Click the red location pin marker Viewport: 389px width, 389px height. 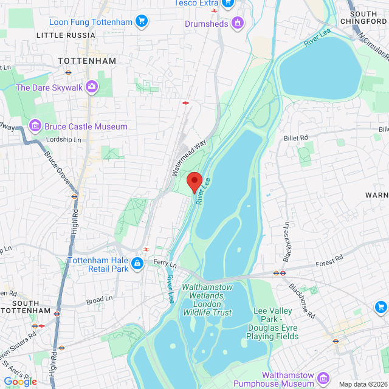pos(194,182)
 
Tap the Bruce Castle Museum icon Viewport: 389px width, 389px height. pos(35,126)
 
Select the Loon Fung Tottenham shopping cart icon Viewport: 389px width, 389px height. pos(142,22)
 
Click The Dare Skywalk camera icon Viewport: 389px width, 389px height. pos(92,87)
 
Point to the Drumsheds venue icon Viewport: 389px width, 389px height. pos(238,24)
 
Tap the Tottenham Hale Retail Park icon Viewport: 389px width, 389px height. pos(138,263)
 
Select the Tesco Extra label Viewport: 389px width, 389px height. pos(196,3)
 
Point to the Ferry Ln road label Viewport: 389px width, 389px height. pos(165,263)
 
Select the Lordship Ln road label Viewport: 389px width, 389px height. pos(64,140)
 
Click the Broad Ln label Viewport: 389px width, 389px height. pos(100,299)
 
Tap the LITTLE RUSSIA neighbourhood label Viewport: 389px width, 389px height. pos(66,35)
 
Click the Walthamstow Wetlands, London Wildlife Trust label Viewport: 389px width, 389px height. pos(207,299)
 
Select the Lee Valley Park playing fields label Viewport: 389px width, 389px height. pos(275,323)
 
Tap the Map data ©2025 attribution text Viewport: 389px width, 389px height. pos(362,384)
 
